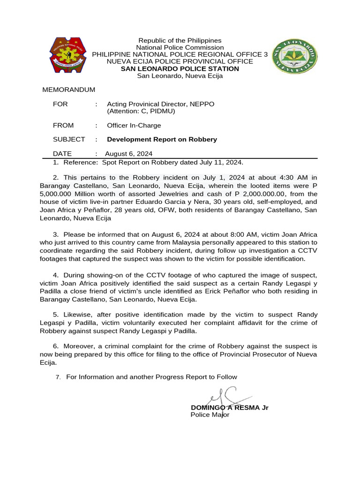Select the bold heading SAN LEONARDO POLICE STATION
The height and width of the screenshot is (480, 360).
pos(180,68)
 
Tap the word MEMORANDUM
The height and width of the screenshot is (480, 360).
pos(69,90)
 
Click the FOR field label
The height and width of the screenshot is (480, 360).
pos(60,104)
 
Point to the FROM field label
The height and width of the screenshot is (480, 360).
pos(63,125)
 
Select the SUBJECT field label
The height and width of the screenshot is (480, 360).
pos(69,139)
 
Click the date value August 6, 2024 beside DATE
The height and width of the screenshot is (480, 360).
pos(128,154)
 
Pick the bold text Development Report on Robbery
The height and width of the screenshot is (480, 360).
pos(162,139)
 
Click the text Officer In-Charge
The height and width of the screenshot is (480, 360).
pos(134,125)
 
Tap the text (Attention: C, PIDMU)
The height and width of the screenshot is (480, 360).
pos(141,111)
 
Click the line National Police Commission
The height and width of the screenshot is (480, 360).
pos(180,47)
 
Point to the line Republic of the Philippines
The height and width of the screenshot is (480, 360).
pos(180,41)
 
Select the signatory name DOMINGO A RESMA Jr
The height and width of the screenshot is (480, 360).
pos(229,407)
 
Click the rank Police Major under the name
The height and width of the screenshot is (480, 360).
pos(210,415)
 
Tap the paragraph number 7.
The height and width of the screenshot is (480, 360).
pos(58,377)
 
